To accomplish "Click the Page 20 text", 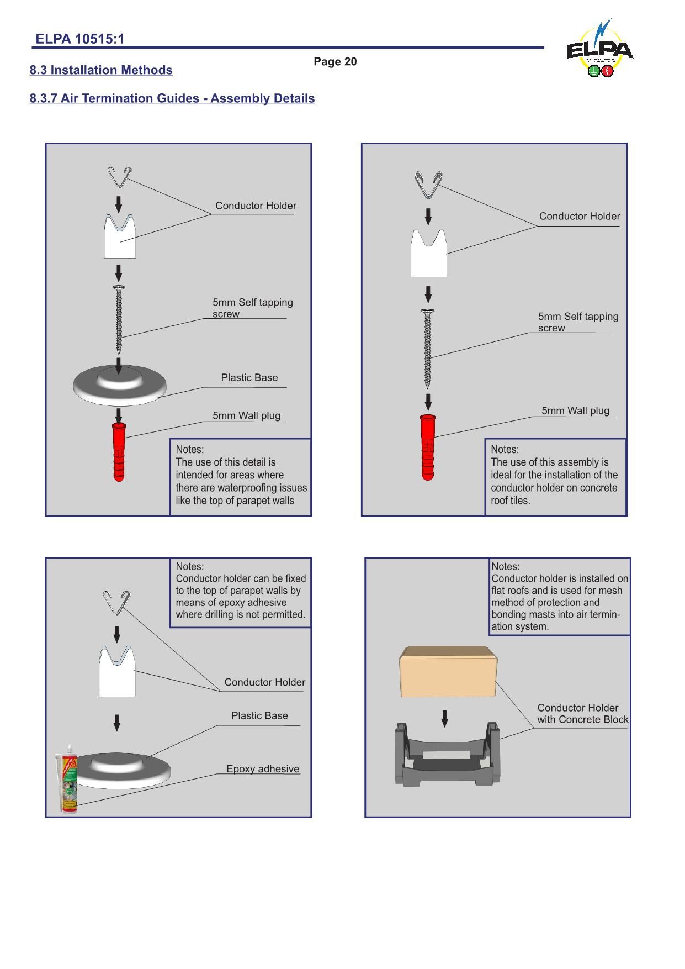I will tap(335, 61).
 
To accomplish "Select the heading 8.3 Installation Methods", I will tap(101, 70).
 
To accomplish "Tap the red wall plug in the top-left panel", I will tap(119, 452).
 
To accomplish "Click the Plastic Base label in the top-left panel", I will tap(249, 378).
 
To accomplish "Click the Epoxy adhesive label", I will tap(263, 769).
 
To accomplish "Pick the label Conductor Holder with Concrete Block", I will tap(582, 714).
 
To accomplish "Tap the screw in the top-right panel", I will tap(428, 348).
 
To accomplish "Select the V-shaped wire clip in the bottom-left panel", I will tap(116, 602).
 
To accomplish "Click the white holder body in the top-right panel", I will tap(428, 255).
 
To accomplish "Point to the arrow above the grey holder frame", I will tap(445, 718).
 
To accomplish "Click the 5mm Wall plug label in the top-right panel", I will tap(575, 410).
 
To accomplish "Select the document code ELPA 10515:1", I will tap(80, 39).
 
